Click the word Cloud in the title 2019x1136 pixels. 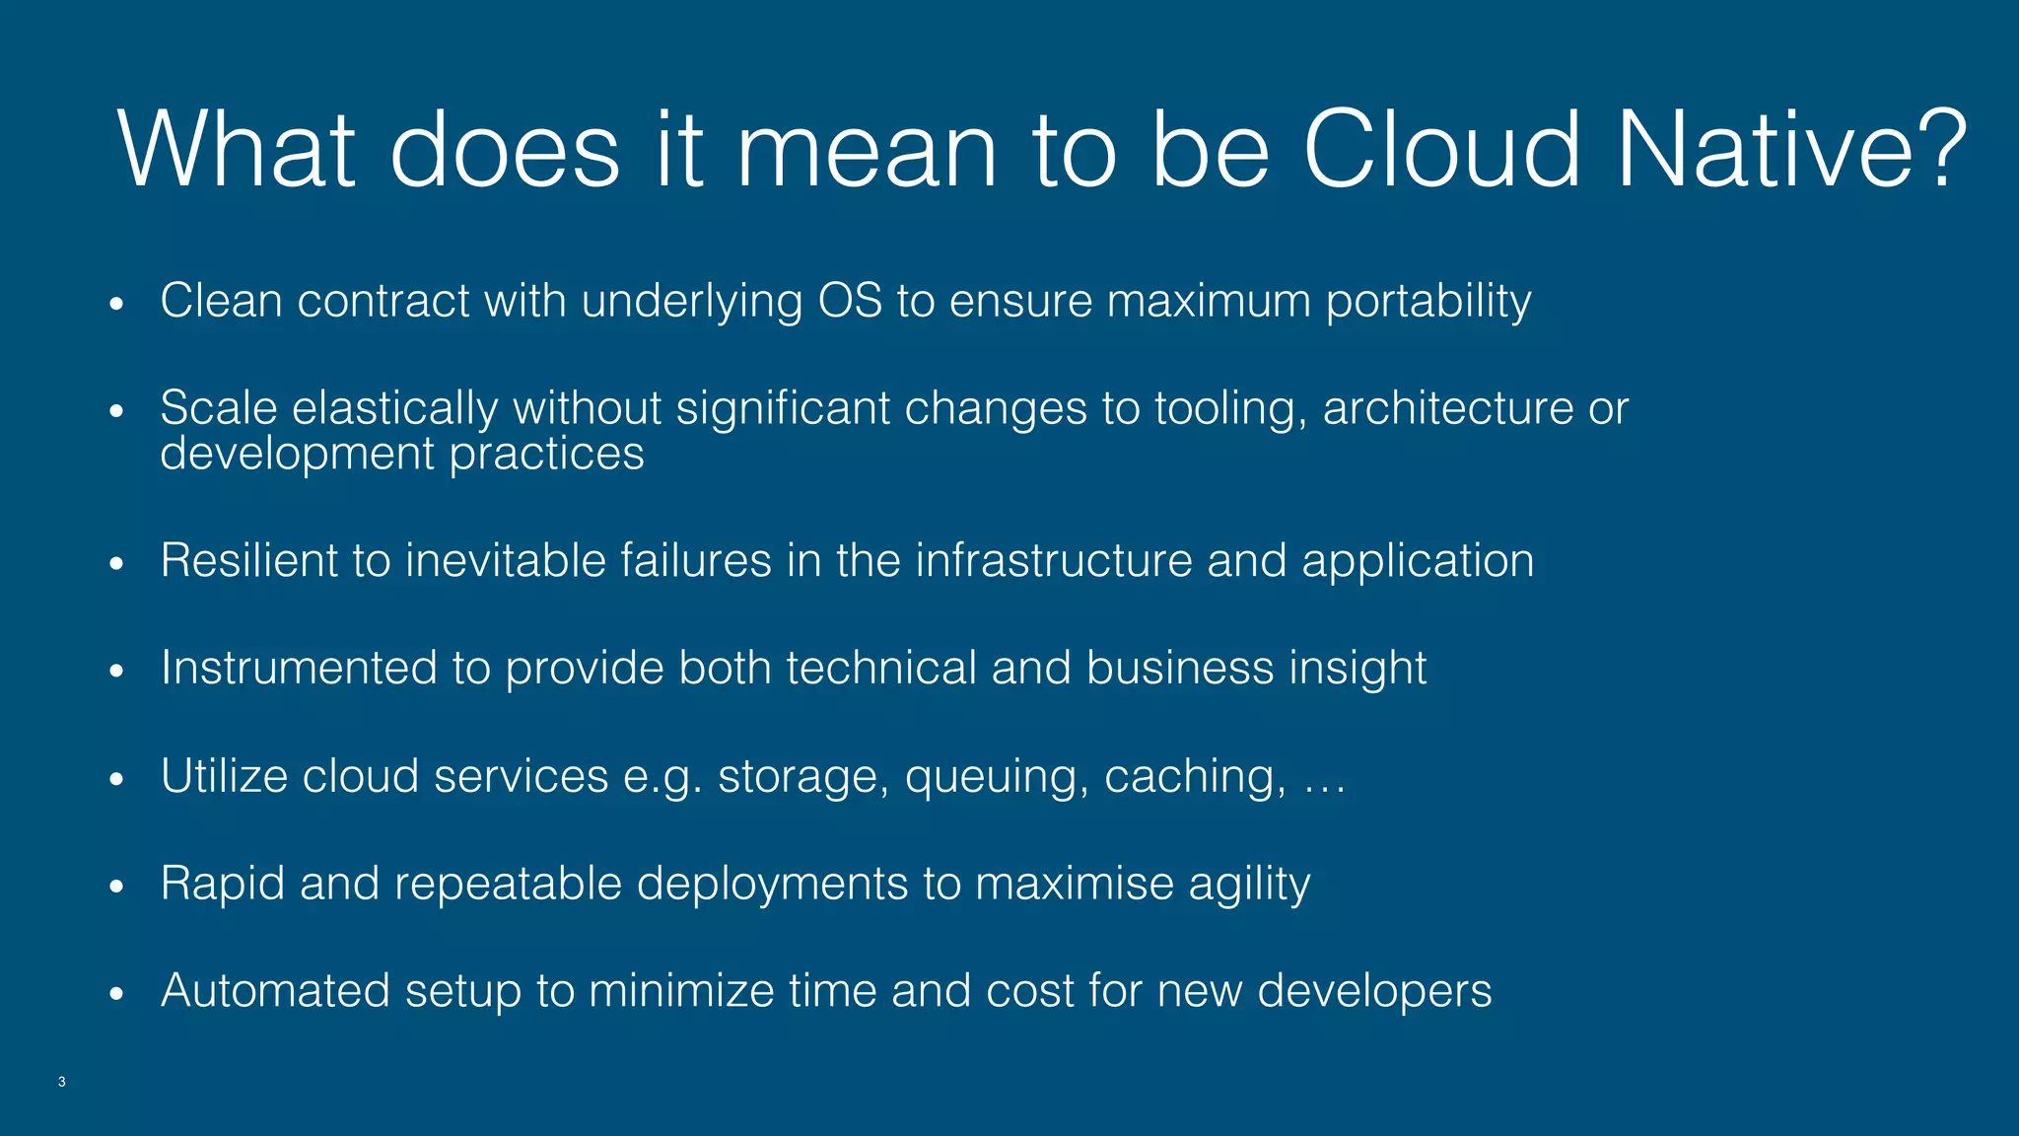pos(1441,150)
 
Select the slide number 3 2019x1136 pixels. pos(62,1082)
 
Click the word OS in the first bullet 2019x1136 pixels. pos(850,301)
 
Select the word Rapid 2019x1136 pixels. pos(222,884)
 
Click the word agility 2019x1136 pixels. pos(1249,885)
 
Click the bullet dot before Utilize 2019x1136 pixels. pos(117,779)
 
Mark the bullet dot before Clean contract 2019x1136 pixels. pos(117,304)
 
